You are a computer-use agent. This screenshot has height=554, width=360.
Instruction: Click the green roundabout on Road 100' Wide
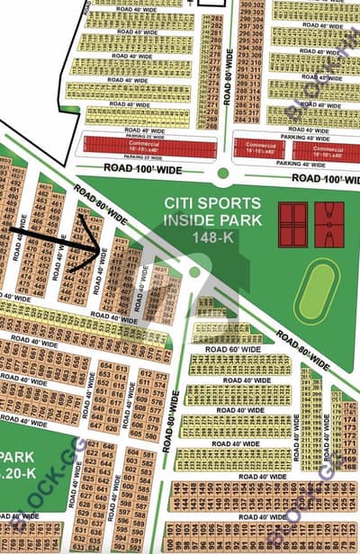tap(223, 173)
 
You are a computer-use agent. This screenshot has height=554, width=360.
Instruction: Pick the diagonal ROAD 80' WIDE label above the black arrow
tap(100, 201)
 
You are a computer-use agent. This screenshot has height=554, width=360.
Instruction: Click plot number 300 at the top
tap(245, 6)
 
